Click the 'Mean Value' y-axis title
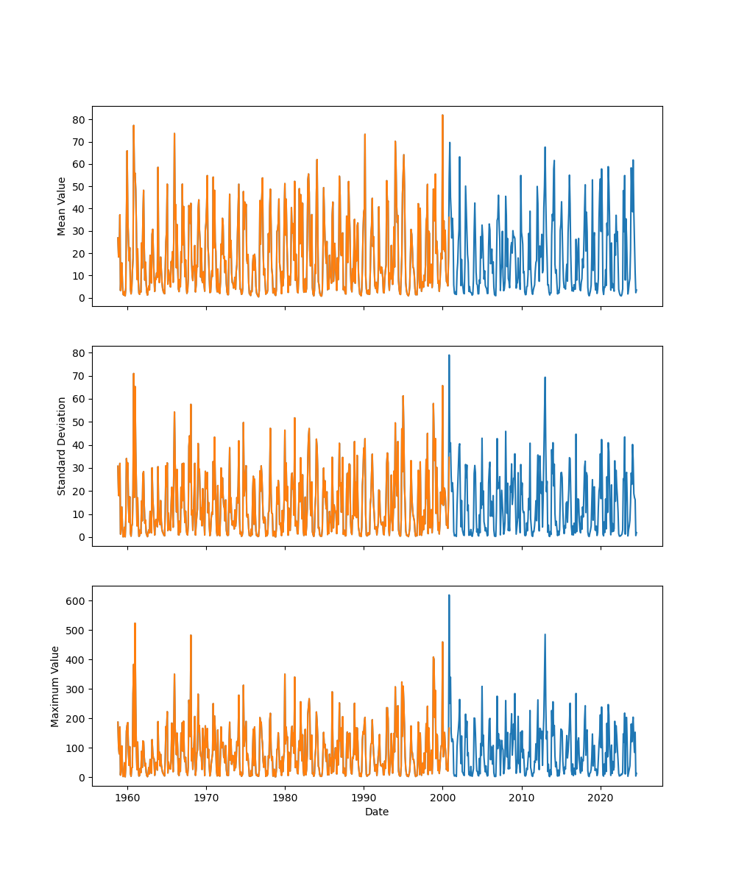(x=62, y=206)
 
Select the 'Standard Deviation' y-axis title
(x=62, y=446)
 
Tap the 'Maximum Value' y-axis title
(x=55, y=686)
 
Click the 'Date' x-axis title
(x=377, y=812)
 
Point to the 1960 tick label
(x=127, y=798)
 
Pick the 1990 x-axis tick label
(x=364, y=798)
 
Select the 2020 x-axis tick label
(x=601, y=798)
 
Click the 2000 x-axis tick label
(x=442, y=798)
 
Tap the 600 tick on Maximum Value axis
(x=77, y=601)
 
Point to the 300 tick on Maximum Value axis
(x=77, y=689)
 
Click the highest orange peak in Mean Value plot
(x=442, y=116)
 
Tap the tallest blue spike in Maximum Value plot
(x=449, y=595)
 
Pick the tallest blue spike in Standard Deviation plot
(x=449, y=355)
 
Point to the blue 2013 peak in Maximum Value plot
(x=545, y=634)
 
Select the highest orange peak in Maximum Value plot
(x=135, y=623)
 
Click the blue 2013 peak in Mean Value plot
(x=545, y=147)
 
